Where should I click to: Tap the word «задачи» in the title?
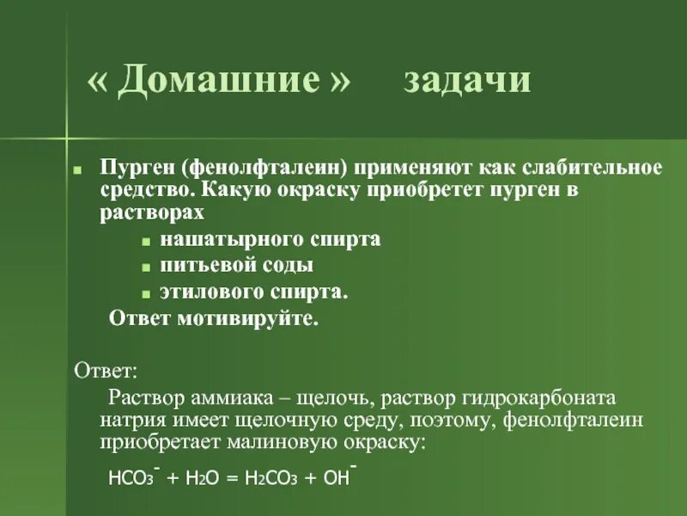(x=468, y=80)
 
